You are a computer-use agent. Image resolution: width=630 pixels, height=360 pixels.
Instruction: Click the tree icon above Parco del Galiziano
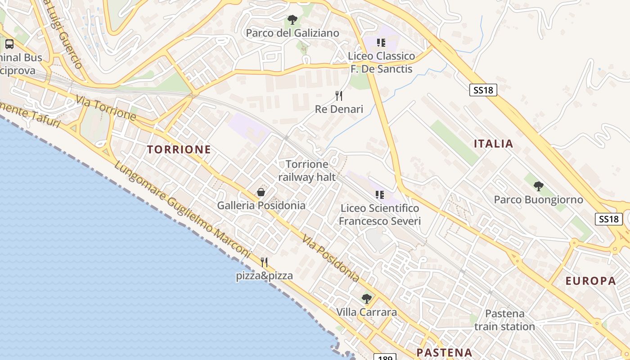pyautogui.click(x=292, y=20)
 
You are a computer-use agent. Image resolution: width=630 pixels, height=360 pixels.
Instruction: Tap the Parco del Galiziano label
pyautogui.click(x=292, y=33)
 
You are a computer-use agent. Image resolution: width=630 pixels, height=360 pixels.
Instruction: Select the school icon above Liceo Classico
pyautogui.click(x=381, y=43)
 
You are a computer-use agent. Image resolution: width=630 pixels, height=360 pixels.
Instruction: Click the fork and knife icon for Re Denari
pyautogui.click(x=339, y=95)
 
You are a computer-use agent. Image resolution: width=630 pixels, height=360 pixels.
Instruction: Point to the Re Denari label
pyautogui.click(x=339, y=109)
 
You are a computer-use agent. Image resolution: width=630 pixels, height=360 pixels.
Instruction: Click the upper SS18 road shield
pyautogui.click(x=483, y=90)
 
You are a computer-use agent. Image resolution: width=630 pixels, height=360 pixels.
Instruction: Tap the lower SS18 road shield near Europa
pyautogui.click(x=609, y=219)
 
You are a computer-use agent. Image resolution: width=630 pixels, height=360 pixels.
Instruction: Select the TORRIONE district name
pyautogui.click(x=179, y=150)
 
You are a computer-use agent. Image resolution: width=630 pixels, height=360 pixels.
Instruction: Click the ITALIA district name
pyautogui.click(x=493, y=144)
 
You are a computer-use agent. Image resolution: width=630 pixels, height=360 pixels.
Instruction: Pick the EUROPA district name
pyautogui.click(x=590, y=281)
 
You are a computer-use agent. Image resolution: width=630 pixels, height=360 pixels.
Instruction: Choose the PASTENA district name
pyautogui.click(x=444, y=352)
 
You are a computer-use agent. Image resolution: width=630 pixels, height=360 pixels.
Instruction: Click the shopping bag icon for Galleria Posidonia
pyautogui.click(x=261, y=193)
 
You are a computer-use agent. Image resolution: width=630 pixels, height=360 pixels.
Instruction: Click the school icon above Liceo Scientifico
pyautogui.click(x=380, y=195)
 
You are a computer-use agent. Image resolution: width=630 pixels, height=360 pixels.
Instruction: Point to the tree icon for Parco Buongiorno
pyautogui.click(x=538, y=186)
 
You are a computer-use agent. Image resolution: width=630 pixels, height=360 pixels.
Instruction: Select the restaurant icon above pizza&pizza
pyautogui.click(x=264, y=262)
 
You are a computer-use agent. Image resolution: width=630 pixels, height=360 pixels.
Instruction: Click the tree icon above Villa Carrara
pyautogui.click(x=367, y=298)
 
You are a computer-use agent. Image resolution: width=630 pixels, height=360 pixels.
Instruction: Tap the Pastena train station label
pyautogui.click(x=504, y=320)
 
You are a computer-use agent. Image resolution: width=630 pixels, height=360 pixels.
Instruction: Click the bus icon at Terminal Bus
pyautogui.click(x=9, y=44)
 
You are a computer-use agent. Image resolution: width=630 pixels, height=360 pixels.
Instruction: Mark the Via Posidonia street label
pyautogui.click(x=330, y=259)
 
